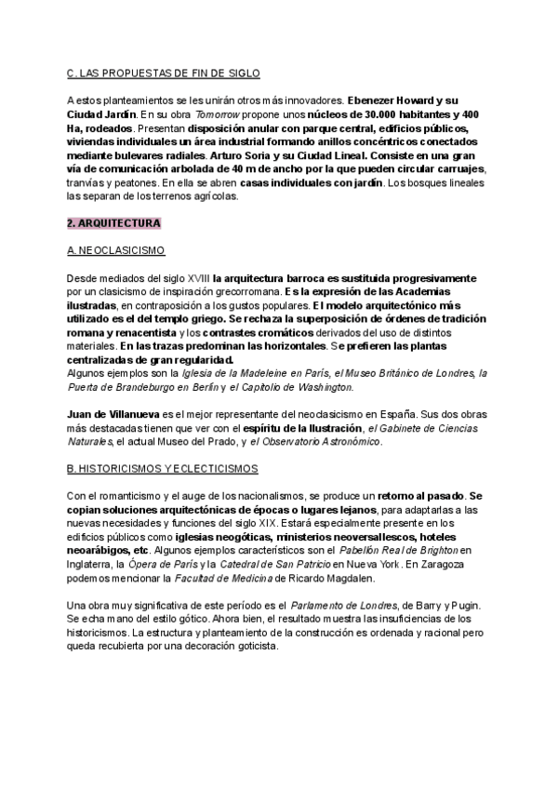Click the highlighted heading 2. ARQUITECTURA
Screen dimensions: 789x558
point(114,223)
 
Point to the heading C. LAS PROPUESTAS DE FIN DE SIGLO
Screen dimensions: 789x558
point(164,73)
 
